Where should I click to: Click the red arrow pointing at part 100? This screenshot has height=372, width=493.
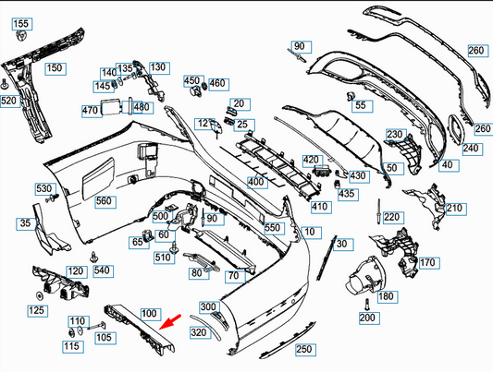pyautogui.click(x=167, y=319)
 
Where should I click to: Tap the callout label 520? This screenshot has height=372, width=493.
pyautogui.click(x=10, y=101)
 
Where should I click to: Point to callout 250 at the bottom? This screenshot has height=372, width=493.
pyautogui.click(x=303, y=350)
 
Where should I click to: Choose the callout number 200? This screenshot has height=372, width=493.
pyautogui.click(x=368, y=317)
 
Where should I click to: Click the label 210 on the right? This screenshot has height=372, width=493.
pyautogui.click(x=453, y=209)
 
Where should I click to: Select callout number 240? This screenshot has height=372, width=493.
pyautogui.click(x=471, y=148)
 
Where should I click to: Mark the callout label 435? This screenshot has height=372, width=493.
pyautogui.click(x=347, y=194)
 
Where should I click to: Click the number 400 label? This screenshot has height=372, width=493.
pyautogui.click(x=255, y=182)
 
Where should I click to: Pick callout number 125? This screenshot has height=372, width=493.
pyautogui.click(x=36, y=311)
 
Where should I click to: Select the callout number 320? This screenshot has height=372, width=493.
pyautogui.click(x=199, y=331)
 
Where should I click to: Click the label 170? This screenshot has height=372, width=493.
pyautogui.click(x=426, y=263)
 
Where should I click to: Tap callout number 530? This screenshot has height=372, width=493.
pyautogui.click(x=44, y=189)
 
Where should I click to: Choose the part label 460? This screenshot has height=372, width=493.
pyautogui.click(x=217, y=83)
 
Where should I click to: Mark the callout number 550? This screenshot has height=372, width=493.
pyautogui.click(x=272, y=227)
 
